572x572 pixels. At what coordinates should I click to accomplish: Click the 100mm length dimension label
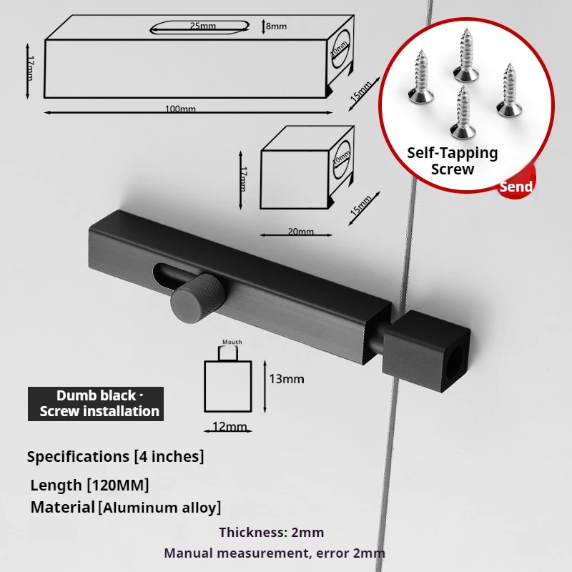coord(180,109)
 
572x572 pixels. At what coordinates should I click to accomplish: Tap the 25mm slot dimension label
coord(202,26)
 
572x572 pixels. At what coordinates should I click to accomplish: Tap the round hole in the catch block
coord(455,363)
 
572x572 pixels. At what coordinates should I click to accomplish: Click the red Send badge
coord(516,187)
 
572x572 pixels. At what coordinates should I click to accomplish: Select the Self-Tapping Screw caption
coord(452,161)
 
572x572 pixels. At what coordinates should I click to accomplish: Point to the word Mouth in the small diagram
coord(232,342)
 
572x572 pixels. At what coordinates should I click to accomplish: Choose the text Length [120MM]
coord(89,485)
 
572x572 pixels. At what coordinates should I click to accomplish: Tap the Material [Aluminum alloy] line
coord(126,508)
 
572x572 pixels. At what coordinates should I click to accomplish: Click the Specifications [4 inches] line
coord(115,456)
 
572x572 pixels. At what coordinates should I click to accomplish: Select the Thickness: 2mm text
coord(271,532)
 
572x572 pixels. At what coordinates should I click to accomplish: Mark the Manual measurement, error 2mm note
coord(275,553)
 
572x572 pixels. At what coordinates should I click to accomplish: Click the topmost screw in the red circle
coord(465,55)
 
